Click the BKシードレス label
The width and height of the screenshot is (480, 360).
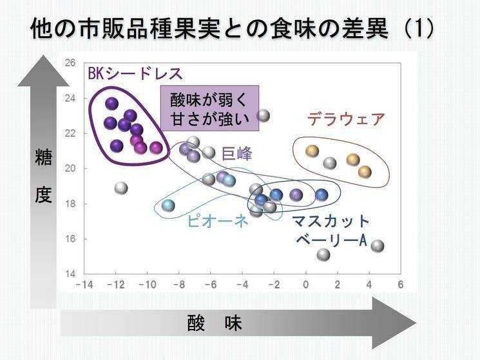(x=135, y=73)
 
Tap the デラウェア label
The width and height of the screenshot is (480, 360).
(x=345, y=119)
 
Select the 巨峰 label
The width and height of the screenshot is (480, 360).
(x=236, y=153)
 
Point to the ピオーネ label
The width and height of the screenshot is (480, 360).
(x=217, y=221)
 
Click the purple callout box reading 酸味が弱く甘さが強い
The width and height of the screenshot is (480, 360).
(x=210, y=108)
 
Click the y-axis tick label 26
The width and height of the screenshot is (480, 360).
(x=70, y=62)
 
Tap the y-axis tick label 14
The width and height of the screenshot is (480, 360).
(x=70, y=274)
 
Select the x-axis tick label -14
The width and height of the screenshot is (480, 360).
(x=84, y=285)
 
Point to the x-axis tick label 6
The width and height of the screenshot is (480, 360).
(x=400, y=285)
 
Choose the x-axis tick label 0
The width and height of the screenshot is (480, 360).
(x=305, y=285)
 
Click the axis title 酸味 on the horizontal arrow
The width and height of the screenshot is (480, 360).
(x=215, y=323)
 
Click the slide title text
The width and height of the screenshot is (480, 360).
(x=232, y=28)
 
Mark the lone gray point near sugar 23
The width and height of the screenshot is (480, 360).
(x=263, y=116)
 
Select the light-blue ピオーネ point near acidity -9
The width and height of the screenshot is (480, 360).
(x=168, y=205)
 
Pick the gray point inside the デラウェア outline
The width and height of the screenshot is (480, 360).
(x=330, y=164)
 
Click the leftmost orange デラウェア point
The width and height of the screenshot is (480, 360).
(x=312, y=151)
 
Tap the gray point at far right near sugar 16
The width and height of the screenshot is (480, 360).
(x=377, y=246)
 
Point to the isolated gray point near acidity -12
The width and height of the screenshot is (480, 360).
(x=121, y=188)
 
